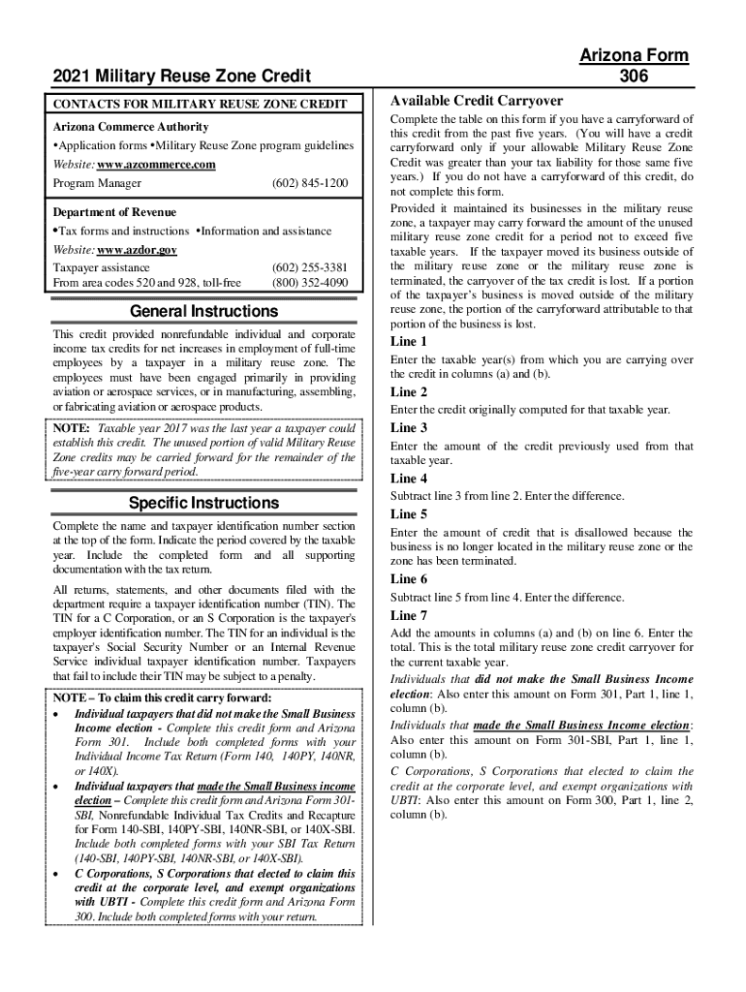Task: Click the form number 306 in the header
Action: [x=636, y=77]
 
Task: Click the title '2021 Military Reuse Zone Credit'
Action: [x=182, y=77]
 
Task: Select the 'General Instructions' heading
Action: [x=204, y=311]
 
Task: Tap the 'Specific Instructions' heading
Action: [x=204, y=503]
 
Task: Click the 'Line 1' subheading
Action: [x=408, y=342]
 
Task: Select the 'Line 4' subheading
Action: [x=408, y=479]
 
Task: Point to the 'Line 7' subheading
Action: [x=408, y=615]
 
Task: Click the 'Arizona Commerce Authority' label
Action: [x=130, y=127]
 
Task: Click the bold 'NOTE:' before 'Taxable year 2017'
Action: [x=72, y=428]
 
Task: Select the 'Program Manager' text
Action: [x=97, y=183]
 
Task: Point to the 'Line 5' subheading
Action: [x=408, y=514]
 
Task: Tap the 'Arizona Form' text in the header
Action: [x=635, y=55]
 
